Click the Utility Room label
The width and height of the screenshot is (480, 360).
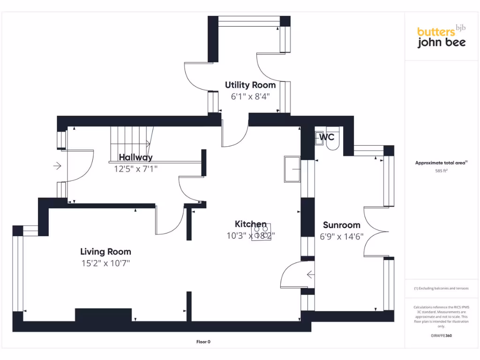pos(250,85)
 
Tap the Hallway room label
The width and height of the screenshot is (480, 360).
pos(135,157)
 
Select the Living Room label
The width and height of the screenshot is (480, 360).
pos(105,252)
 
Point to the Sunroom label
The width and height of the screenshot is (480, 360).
pos(342,225)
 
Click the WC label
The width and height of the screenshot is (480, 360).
pos(327,137)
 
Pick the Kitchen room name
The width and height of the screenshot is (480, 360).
pos(251,224)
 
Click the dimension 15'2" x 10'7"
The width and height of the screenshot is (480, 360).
pos(105,263)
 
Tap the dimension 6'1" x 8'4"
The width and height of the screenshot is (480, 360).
pos(250,97)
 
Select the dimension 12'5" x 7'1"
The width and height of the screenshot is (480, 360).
pos(136,168)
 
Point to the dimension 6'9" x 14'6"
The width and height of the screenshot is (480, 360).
pos(342,237)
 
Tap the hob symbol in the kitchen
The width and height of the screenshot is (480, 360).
pos(261,232)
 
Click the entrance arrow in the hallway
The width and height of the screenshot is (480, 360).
pos(58,166)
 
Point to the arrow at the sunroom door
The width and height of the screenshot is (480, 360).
pos(310,274)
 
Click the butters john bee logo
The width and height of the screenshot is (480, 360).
pos(442,37)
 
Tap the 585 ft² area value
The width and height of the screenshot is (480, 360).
pos(441,171)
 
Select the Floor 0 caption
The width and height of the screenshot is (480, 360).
pos(202,342)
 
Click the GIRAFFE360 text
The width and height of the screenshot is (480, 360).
pos(441,336)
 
